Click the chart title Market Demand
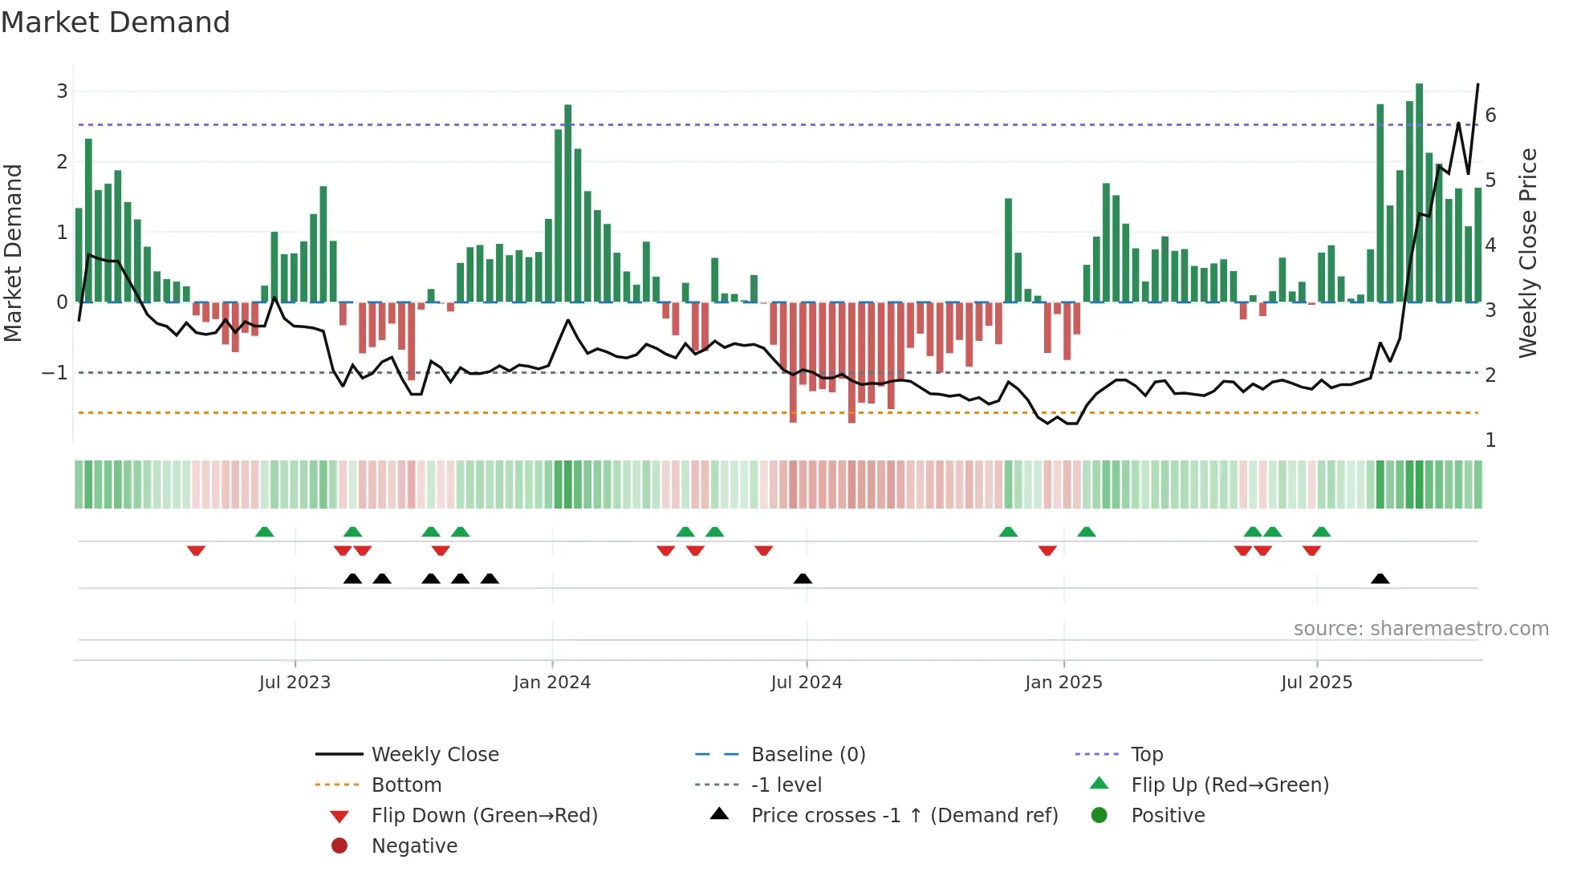click(x=116, y=22)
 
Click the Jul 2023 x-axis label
click(x=295, y=683)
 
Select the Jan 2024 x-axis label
click(x=552, y=683)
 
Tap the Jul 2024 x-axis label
click(x=807, y=683)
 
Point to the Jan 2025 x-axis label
click(x=1063, y=683)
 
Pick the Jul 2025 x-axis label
click(x=1316, y=683)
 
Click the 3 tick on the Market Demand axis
click(x=62, y=91)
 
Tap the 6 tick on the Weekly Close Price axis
click(x=1490, y=116)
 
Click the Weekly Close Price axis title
click(x=1528, y=253)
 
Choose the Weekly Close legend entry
click(x=434, y=755)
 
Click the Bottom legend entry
click(x=406, y=785)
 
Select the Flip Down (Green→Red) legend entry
click(x=484, y=816)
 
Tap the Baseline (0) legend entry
click(x=807, y=755)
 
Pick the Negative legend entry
click(x=414, y=846)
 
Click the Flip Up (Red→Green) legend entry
click(x=1230, y=785)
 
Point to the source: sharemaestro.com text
click(x=1421, y=629)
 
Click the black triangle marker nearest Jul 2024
click(x=803, y=578)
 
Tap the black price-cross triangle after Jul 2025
click(x=1380, y=578)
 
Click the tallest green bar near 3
click(x=1419, y=193)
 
